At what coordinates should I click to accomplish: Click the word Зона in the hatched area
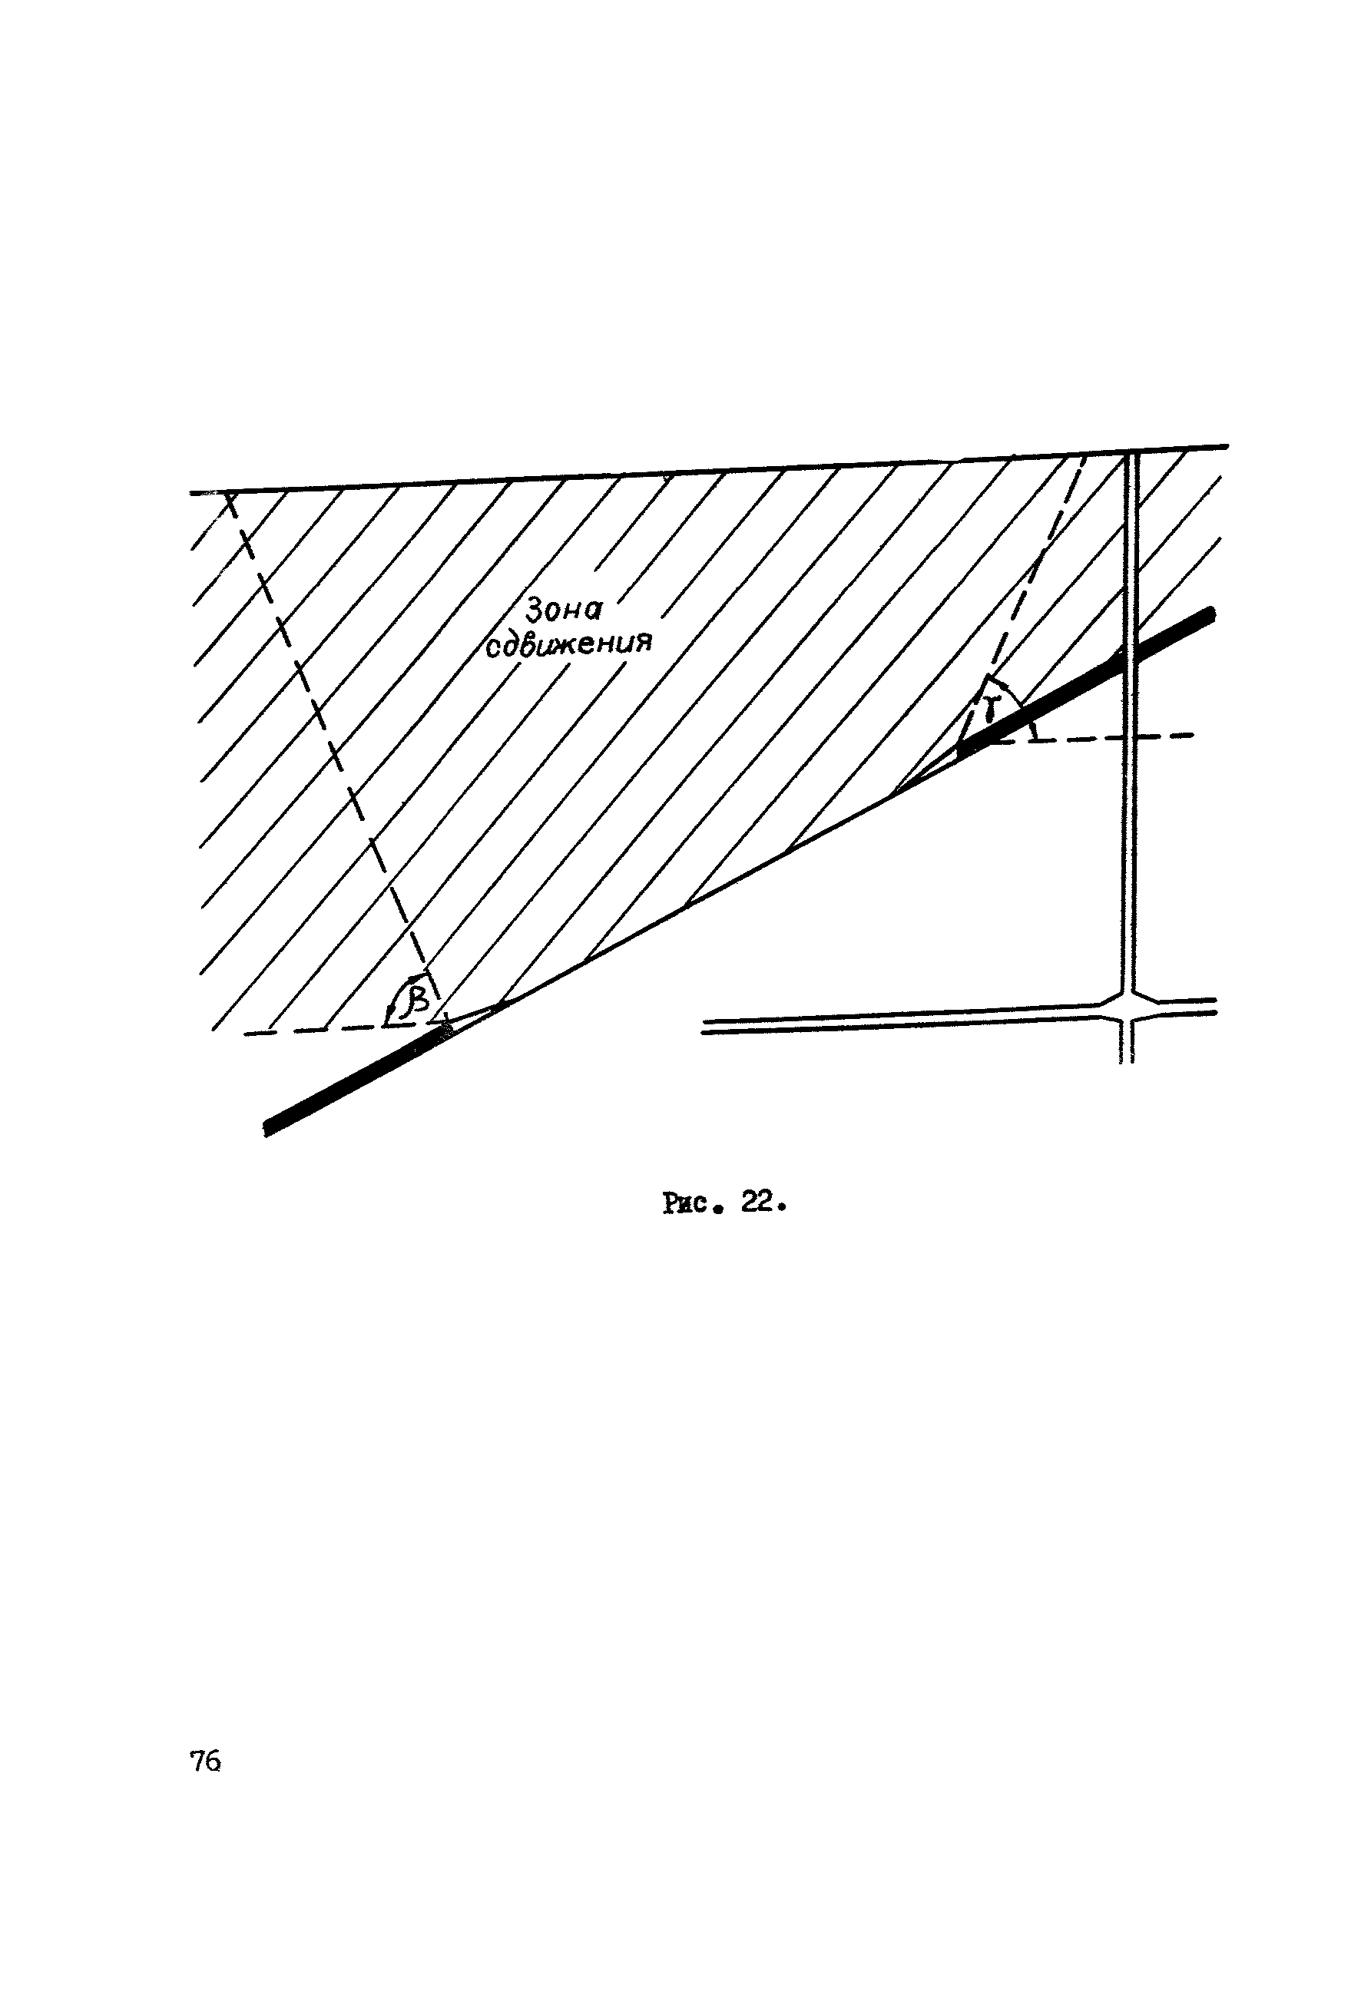tap(565, 610)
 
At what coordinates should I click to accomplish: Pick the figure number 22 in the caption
tap(758, 1203)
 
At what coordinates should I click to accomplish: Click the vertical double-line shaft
tap(1130, 816)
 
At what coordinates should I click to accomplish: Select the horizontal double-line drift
tap(902, 1021)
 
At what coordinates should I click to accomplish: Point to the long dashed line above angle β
tap(326, 738)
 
